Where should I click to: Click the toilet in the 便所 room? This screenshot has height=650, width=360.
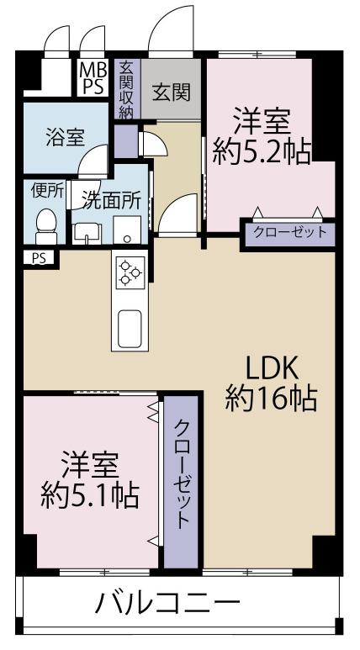pyautogui.click(x=46, y=226)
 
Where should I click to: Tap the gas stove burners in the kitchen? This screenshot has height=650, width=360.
pyautogui.click(x=130, y=272)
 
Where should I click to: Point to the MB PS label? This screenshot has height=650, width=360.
pyautogui.click(x=93, y=77)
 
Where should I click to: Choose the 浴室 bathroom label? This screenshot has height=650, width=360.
pyautogui.click(x=65, y=137)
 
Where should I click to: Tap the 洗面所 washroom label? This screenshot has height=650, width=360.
pyautogui.click(x=111, y=202)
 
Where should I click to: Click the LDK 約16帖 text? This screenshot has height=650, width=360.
pyautogui.click(x=271, y=384)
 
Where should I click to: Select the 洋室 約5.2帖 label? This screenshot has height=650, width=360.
pyautogui.click(x=262, y=135)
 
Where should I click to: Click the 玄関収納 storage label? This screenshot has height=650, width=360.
pyautogui.click(x=126, y=90)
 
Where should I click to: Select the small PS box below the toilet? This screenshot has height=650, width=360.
pyautogui.click(x=38, y=258)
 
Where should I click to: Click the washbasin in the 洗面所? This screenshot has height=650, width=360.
pyautogui.click(x=87, y=234)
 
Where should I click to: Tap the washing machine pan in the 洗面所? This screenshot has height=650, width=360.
pyautogui.click(x=127, y=230)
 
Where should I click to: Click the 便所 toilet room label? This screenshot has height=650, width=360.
pyautogui.click(x=48, y=191)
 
